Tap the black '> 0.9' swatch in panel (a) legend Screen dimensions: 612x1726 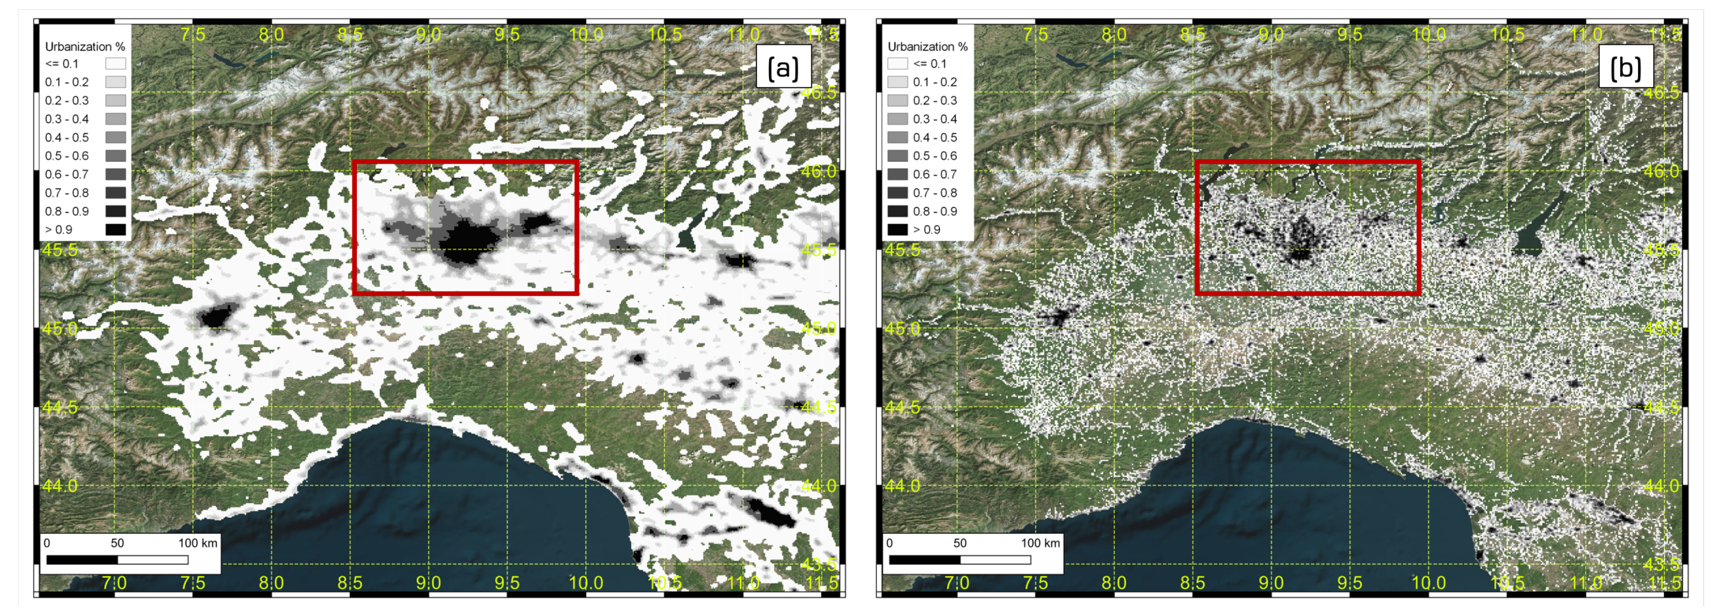coord(115,229)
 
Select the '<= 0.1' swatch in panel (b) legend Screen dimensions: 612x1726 coord(898,64)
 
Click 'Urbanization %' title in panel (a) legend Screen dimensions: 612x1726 coord(85,46)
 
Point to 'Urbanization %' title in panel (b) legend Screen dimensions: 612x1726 coord(928,46)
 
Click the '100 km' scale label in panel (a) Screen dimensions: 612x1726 coord(197,543)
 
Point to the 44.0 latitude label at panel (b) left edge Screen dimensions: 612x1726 coord(902,485)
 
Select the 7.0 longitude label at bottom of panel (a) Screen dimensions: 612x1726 coord(114,583)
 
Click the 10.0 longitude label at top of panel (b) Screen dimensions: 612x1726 coord(1428,34)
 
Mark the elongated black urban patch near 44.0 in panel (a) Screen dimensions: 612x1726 coord(769,512)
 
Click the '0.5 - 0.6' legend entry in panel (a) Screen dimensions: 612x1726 coord(67,156)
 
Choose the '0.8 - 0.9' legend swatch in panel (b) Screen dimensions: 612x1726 coord(898,211)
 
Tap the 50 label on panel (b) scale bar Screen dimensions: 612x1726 coord(959,543)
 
